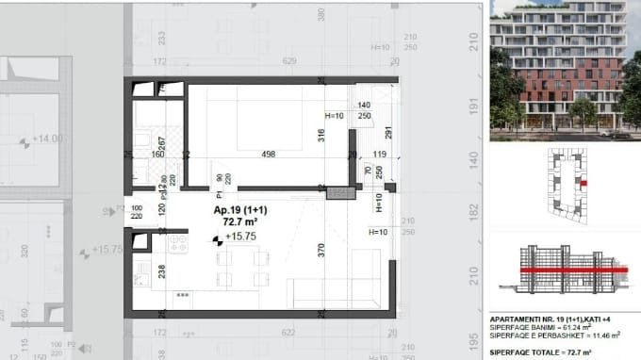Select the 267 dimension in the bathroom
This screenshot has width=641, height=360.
162,144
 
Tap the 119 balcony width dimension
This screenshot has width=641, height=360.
380,155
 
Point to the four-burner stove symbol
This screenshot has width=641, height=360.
177,243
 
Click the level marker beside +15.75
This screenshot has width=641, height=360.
218,238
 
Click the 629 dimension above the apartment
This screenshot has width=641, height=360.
289,61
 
